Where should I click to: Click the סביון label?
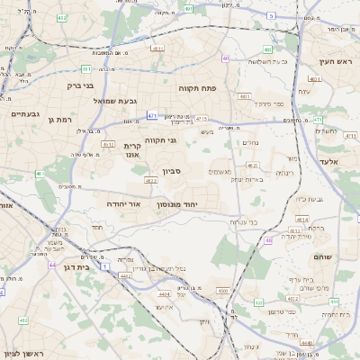(x=172, y=170)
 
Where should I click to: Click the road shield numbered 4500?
(x=222, y=291)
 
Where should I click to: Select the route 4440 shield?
(x=307, y=343)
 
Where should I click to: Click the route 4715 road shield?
(x=201, y=118)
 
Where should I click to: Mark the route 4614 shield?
(x=303, y=219)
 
